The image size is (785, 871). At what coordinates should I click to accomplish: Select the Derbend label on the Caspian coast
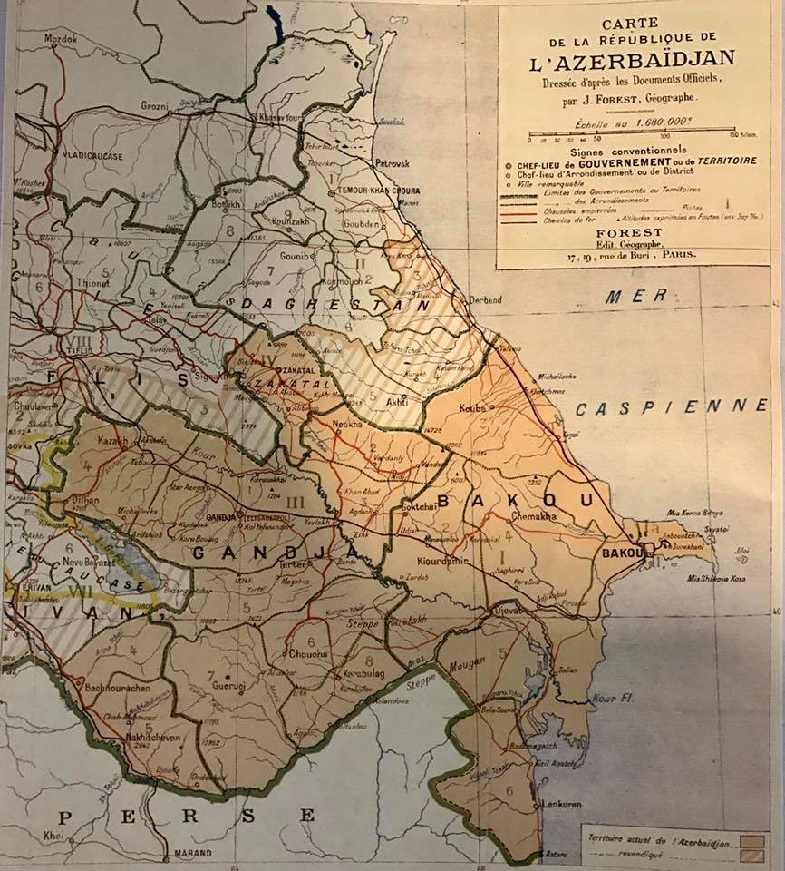(x=485, y=300)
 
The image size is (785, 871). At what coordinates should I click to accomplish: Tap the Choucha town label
(x=302, y=654)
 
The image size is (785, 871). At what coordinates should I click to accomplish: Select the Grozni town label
(x=155, y=106)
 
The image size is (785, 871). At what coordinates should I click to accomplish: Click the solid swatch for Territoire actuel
(x=751, y=842)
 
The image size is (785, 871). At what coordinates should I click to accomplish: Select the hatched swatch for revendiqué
(x=751, y=856)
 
